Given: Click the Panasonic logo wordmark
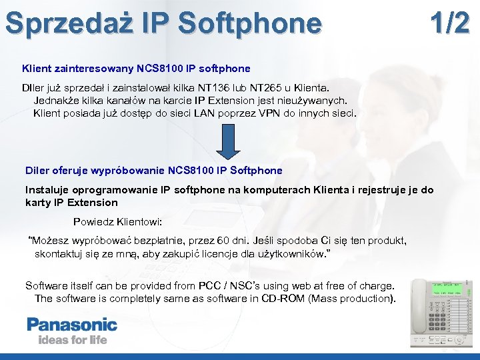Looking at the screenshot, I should click(71, 325).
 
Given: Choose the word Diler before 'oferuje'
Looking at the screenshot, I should click(37, 170).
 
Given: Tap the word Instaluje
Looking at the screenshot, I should click(46, 190).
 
